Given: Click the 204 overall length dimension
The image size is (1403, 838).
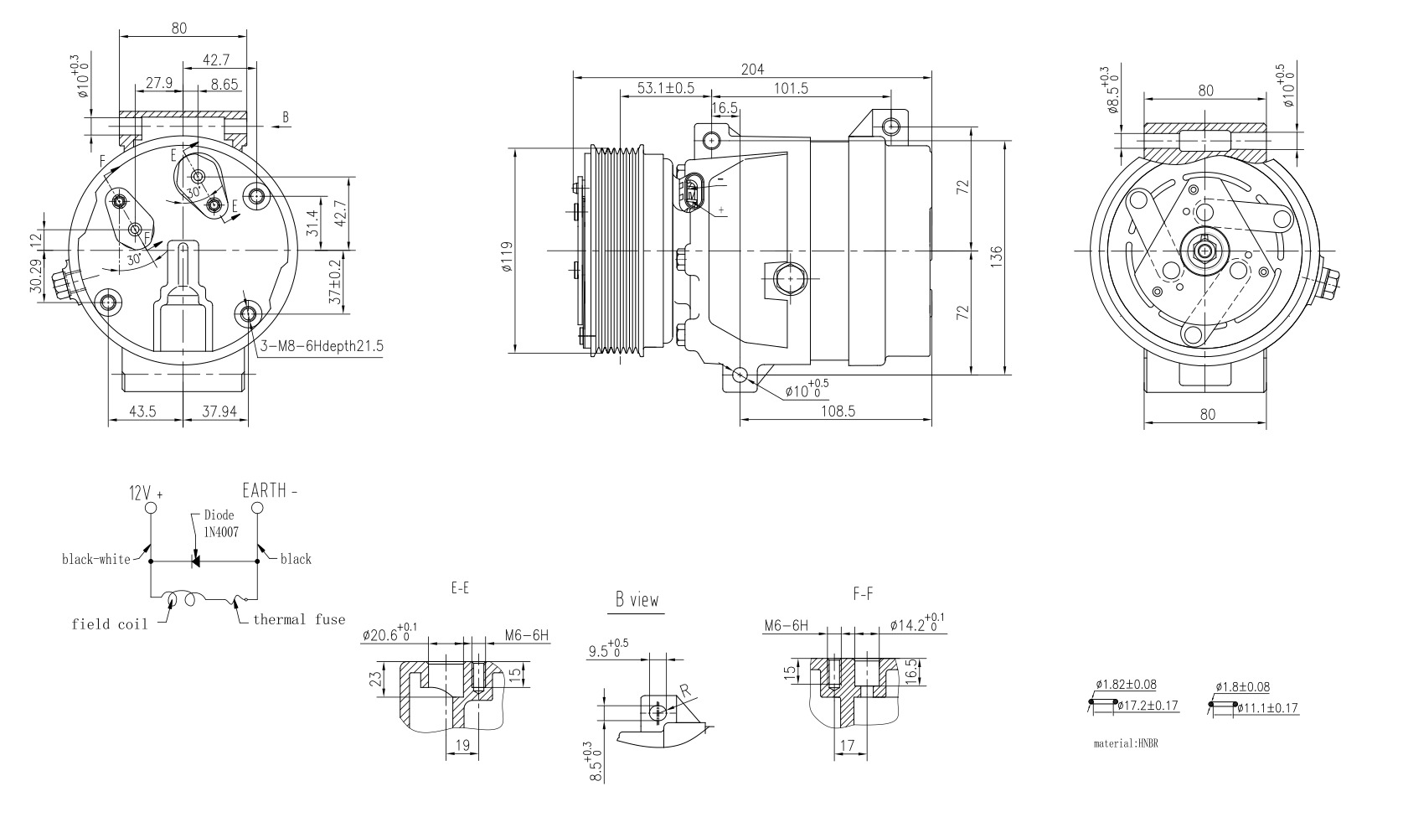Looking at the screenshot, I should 752,70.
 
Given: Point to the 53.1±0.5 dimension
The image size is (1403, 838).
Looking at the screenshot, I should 665,88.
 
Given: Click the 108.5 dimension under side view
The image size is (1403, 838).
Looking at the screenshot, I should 838,411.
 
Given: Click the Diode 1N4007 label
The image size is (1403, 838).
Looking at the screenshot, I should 219,523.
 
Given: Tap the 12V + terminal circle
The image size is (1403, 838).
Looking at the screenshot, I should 150,508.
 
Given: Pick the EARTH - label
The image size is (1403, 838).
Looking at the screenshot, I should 269,490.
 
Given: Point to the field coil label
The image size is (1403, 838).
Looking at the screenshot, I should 109,623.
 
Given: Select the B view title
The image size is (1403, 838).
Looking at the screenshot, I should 637,600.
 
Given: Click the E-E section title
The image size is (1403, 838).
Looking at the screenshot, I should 459,589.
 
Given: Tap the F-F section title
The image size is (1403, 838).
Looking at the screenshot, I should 863,593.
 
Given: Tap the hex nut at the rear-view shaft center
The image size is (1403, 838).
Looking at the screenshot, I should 1204,250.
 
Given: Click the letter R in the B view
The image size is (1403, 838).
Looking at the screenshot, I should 684,691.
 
